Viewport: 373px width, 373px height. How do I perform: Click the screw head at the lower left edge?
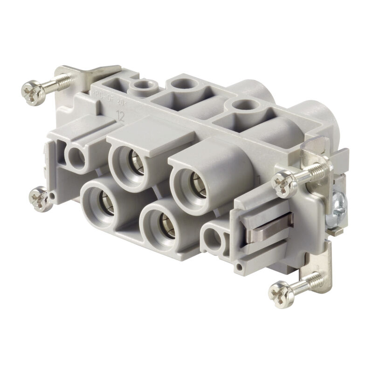39,198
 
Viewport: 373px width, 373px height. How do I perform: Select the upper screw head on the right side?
285,183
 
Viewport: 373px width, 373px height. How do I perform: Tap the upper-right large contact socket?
191,182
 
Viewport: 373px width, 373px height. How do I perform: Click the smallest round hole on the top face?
139,85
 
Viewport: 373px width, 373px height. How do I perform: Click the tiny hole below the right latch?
239,268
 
